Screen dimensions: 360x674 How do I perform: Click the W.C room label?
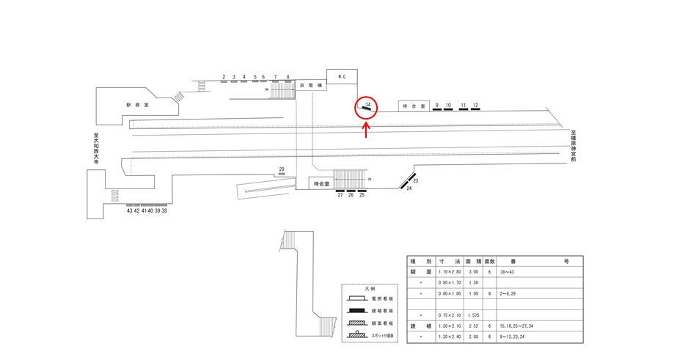(x=342, y=76)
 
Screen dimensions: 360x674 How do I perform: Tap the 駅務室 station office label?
(x=137, y=105)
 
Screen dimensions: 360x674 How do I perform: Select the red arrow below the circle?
(x=366, y=130)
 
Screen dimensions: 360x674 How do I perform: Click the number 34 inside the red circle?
(x=367, y=106)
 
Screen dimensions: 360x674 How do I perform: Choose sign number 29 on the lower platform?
(x=282, y=170)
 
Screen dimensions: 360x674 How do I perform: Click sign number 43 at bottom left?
(x=130, y=210)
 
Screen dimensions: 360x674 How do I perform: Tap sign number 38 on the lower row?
(x=164, y=210)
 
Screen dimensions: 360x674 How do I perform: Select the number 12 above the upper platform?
(x=475, y=106)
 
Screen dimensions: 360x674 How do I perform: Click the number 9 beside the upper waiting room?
(x=436, y=106)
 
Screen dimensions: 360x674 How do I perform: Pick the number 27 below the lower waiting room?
(x=340, y=195)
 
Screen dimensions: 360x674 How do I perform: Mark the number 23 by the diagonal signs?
(x=415, y=180)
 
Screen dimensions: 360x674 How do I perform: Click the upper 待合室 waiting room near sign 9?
(x=414, y=106)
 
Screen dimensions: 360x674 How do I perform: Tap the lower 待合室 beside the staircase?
(x=321, y=184)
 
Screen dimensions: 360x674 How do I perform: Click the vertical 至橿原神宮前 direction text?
(x=574, y=147)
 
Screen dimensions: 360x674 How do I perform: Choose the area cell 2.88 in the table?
(x=473, y=337)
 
